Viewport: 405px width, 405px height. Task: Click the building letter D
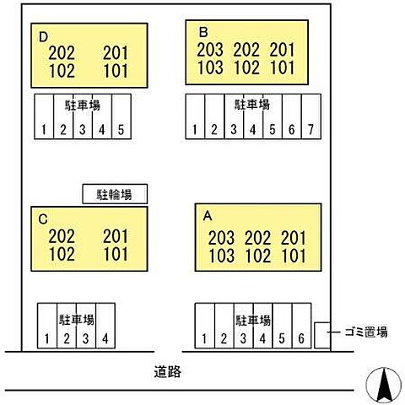point(43,37)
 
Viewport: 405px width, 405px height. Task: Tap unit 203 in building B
point(210,50)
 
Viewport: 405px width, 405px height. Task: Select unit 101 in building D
point(116,71)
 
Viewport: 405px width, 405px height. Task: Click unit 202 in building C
point(62,236)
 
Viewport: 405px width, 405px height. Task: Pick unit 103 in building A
point(222,256)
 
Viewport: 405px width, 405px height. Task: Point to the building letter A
point(208,216)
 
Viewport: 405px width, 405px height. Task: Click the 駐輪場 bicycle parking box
point(115,194)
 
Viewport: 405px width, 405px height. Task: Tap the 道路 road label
point(168,371)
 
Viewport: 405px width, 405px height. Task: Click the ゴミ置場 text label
point(366,332)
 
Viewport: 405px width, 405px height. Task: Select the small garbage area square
point(322,335)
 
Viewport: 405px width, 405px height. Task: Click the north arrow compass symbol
point(384,385)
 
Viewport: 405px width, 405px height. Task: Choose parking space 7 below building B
point(311,116)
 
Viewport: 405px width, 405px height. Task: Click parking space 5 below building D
point(121,116)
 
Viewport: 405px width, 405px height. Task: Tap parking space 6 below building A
point(301,326)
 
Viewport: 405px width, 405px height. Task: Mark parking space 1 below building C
point(47,326)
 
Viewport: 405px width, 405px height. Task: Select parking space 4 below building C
point(105,326)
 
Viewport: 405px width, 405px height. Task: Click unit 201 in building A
point(293,238)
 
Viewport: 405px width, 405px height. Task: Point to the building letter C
point(43,219)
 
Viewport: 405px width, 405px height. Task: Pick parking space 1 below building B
point(195,116)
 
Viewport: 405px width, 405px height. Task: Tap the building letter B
point(203,32)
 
